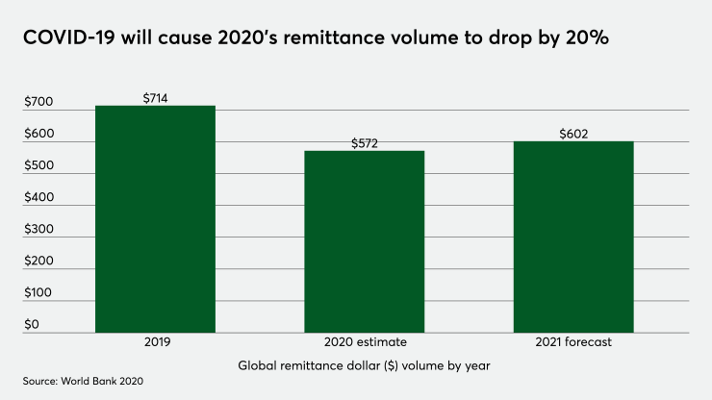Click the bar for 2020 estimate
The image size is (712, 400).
point(365,241)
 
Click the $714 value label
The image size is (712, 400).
point(155,98)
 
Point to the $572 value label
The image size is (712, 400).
point(365,143)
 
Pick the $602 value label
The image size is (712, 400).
point(573,135)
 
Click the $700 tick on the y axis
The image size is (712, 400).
point(38,103)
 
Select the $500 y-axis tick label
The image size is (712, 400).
point(38,166)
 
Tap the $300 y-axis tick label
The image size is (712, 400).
point(38,230)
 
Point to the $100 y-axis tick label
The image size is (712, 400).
point(38,292)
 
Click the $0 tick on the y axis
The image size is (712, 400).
point(32,324)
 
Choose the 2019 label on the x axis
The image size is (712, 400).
point(155,342)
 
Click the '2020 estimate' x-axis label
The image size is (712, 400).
point(365,342)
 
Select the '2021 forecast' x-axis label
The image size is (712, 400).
point(573,342)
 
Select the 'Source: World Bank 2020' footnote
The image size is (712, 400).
point(83,382)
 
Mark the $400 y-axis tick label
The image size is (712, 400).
point(38,198)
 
